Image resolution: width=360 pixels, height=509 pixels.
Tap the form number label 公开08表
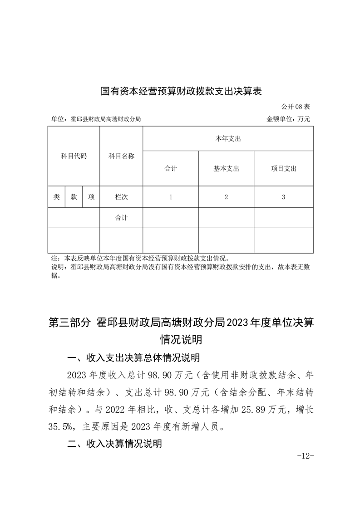(x=295, y=107)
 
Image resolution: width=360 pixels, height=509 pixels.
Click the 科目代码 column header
(x=74, y=156)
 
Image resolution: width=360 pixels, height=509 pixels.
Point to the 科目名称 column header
(x=121, y=156)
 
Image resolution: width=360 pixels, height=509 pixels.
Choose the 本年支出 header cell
(x=228, y=139)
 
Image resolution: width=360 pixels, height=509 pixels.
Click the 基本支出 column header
(x=226, y=169)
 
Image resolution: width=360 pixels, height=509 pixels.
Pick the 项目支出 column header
(x=283, y=169)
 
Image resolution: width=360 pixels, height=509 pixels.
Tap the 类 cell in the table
(x=56, y=197)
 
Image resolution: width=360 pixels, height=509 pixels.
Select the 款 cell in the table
(x=74, y=197)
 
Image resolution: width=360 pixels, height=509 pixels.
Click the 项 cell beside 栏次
(x=91, y=197)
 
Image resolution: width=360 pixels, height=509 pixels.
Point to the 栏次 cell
(x=121, y=197)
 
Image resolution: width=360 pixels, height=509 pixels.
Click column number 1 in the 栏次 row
(x=171, y=197)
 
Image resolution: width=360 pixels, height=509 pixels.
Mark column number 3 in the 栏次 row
(x=283, y=197)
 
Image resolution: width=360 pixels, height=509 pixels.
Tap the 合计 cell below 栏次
(x=121, y=218)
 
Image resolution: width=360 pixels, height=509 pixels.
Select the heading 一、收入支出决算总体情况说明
(x=133, y=358)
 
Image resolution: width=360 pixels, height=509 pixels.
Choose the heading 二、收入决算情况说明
(x=114, y=444)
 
